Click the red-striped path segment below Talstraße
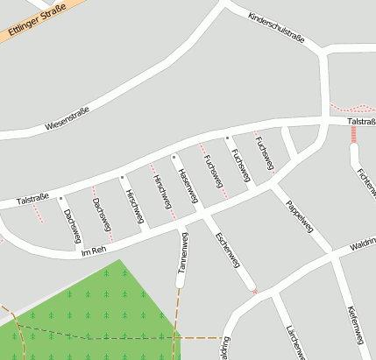354,134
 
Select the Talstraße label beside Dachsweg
33,199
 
